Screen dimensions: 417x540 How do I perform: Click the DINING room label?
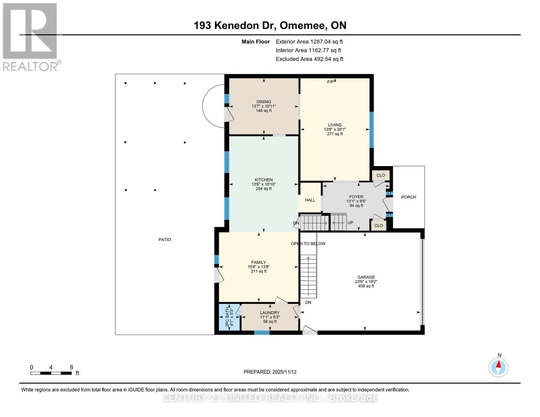pyautogui.click(x=264, y=102)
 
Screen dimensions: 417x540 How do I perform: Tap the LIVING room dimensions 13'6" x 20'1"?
pyautogui.click(x=335, y=129)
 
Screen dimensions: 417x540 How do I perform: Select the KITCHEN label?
pyautogui.click(x=264, y=180)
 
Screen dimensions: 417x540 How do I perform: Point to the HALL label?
pyautogui.click(x=310, y=200)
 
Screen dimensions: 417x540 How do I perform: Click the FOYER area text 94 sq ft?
pyautogui.click(x=356, y=206)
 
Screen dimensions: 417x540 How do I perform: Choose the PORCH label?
pyautogui.click(x=409, y=197)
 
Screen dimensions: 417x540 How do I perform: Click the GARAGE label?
pyautogui.click(x=366, y=277)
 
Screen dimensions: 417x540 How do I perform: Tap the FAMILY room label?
pyautogui.click(x=259, y=262)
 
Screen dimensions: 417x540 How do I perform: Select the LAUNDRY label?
pyautogui.click(x=269, y=313)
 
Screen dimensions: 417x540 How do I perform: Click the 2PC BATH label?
pyautogui.click(x=228, y=317)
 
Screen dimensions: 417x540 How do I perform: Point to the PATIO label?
pyautogui.click(x=164, y=239)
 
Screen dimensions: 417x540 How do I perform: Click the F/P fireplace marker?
pyautogui.click(x=330, y=82)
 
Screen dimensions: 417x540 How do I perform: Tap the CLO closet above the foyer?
pyautogui.click(x=381, y=175)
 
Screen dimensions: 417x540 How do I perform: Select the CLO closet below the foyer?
pyautogui.click(x=379, y=226)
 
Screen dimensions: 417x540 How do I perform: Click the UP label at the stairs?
pyautogui.click(x=350, y=223)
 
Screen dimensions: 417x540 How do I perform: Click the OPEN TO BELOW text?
pyautogui.click(x=308, y=244)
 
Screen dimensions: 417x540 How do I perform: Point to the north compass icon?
pyautogui.click(x=498, y=367)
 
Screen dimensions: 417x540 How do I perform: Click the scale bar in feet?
pyautogui.click(x=51, y=373)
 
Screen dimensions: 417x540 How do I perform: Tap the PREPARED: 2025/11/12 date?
pyautogui.click(x=270, y=372)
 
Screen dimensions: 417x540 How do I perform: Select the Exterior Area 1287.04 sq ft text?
pyautogui.click(x=309, y=42)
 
